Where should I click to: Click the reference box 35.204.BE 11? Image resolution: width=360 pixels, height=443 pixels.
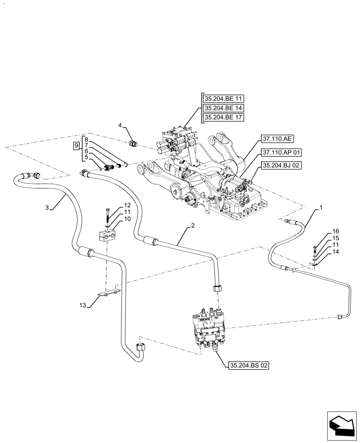(x=224, y=98)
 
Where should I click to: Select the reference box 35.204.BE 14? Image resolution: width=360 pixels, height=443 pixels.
(x=224, y=108)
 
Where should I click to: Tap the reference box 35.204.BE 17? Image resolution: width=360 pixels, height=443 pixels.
(x=224, y=117)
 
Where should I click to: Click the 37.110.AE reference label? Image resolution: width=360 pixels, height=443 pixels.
(x=278, y=139)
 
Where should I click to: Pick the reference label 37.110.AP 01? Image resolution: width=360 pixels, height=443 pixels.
(x=282, y=152)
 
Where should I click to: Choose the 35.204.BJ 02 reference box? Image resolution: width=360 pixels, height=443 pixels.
(x=282, y=165)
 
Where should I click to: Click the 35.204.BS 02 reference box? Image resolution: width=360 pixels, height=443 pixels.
(x=249, y=365)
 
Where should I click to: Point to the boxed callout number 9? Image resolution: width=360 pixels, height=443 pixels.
(x=76, y=145)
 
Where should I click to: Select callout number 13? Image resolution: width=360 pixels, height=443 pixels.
(x=82, y=305)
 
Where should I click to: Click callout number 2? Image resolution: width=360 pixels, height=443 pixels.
(x=193, y=226)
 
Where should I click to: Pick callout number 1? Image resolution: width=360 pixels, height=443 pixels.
(x=321, y=207)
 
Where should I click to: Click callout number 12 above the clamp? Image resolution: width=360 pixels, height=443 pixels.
(x=127, y=206)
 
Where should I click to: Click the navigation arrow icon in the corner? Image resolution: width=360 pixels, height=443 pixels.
(x=342, y=425)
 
